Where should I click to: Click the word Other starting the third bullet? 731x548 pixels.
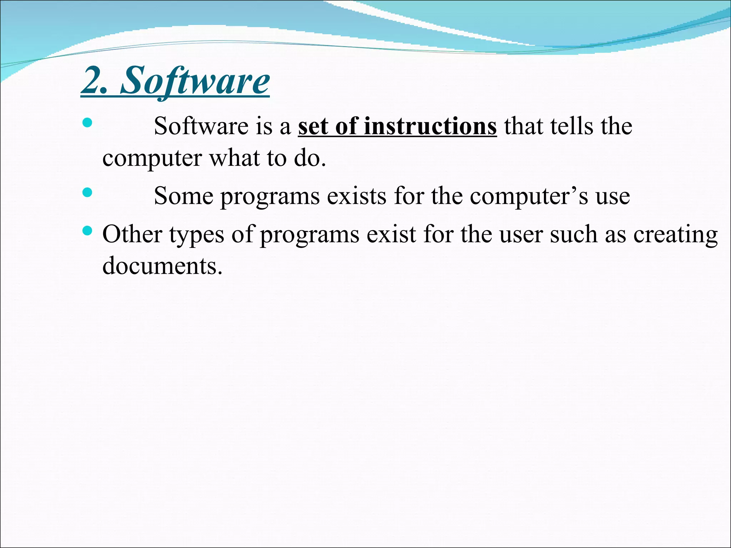[x=132, y=234]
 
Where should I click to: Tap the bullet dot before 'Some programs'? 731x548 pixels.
[x=87, y=193]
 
